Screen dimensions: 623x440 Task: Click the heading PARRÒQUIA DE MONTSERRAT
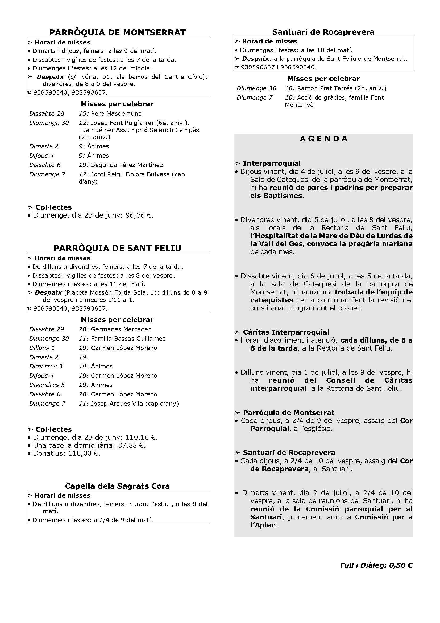(117, 32)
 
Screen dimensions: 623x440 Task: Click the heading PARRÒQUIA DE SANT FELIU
(117, 248)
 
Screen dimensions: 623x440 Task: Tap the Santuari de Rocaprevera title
(323, 32)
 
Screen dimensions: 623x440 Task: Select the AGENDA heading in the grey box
(323, 139)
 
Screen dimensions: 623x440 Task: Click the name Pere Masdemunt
(116, 113)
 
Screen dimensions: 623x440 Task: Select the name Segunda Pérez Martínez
(127, 165)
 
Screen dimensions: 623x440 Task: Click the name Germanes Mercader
(121, 329)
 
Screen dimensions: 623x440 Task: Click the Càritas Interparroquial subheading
(286, 332)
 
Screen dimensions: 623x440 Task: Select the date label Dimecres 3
(46, 366)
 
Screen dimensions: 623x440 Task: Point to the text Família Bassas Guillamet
(128, 338)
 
